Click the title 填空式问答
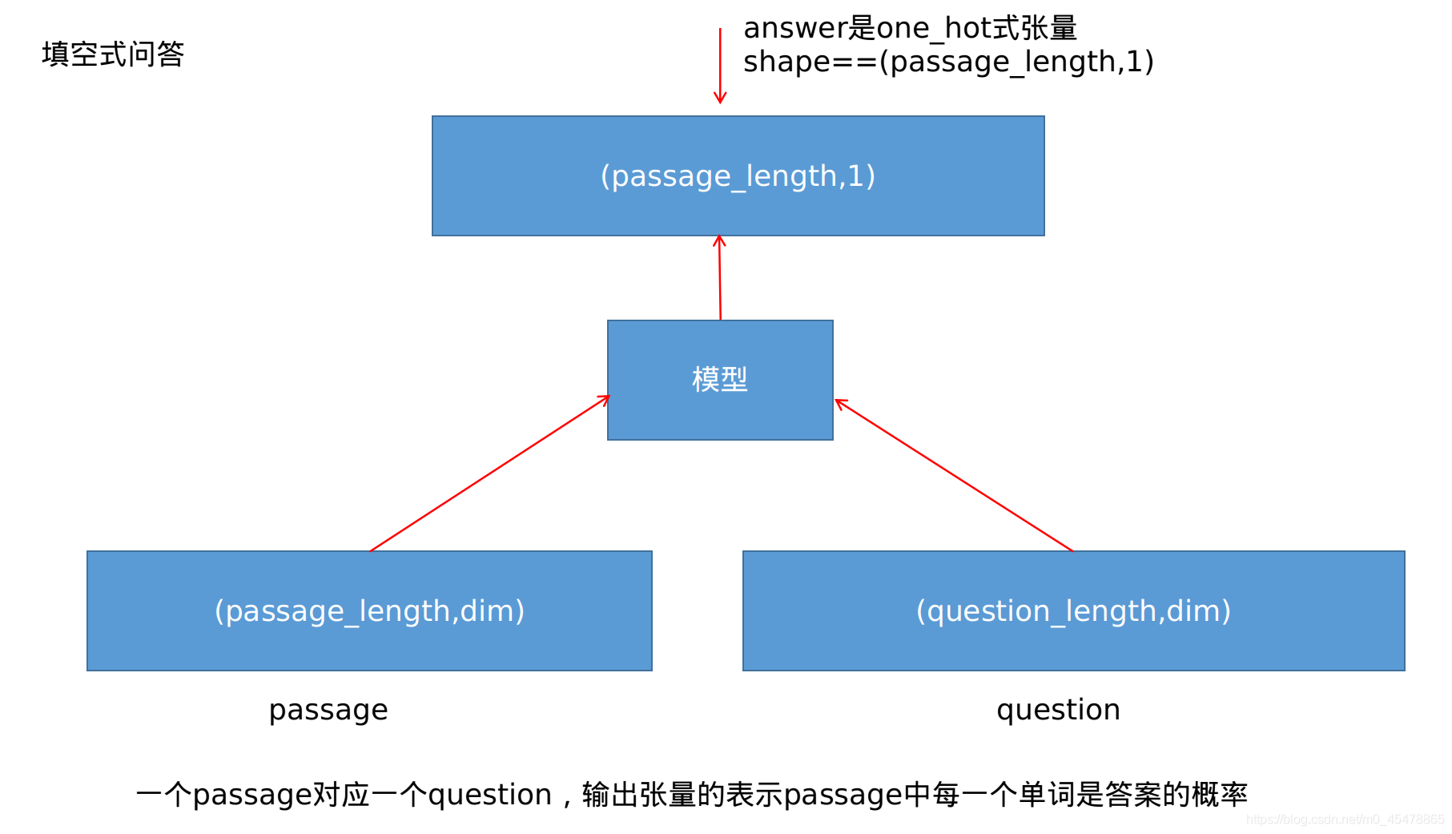point(113,54)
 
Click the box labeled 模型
point(720,380)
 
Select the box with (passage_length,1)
point(738,175)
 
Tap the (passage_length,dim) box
point(369,610)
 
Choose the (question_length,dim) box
point(1073,610)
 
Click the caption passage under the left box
point(328,710)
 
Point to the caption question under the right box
point(1058,710)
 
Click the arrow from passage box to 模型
point(489,473)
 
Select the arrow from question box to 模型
point(953,475)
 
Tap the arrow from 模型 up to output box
point(720,278)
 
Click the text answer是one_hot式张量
point(910,28)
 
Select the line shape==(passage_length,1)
point(948,62)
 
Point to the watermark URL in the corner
point(1345,819)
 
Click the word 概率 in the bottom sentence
point(1220,795)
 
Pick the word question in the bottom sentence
point(489,795)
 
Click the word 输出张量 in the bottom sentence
point(639,795)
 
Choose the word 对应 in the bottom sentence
point(341,795)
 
